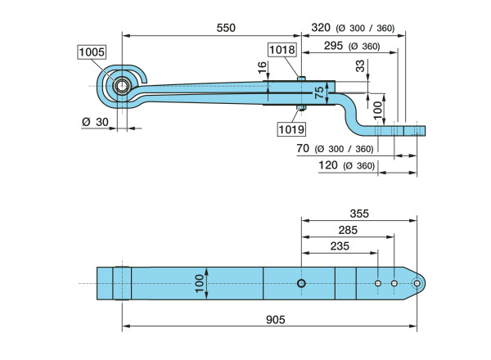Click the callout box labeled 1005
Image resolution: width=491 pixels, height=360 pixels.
click(92, 52)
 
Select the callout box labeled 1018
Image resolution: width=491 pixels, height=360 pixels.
click(282, 49)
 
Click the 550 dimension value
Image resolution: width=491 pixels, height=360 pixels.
click(225, 28)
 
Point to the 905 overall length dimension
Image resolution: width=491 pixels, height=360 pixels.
click(275, 320)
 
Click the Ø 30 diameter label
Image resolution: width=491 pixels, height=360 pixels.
click(96, 121)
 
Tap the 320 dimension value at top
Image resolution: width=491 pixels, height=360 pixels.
click(322, 28)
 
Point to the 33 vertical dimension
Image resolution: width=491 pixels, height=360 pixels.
click(361, 67)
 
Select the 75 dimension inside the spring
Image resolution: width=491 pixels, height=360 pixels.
click(320, 92)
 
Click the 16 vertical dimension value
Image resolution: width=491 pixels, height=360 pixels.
click(262, 70)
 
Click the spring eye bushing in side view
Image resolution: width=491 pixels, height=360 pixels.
click(122, 86)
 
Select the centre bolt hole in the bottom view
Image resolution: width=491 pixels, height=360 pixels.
click(302, 283)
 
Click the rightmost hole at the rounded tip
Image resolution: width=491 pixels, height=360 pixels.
click(417, 283)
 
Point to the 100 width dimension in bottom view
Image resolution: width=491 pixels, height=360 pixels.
click(199, 283)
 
